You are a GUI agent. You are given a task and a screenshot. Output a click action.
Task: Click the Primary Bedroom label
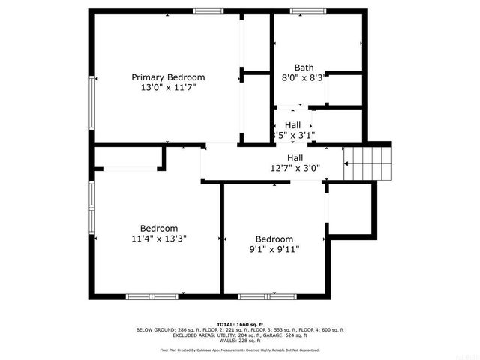(168, 77)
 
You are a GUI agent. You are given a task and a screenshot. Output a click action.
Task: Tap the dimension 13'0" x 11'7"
(168, 88)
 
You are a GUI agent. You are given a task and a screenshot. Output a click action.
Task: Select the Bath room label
(304, 67)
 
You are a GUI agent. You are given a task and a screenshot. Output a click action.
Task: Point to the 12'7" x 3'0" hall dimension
(295, 168)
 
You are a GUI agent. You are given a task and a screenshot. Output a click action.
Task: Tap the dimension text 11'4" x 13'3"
(158, 238)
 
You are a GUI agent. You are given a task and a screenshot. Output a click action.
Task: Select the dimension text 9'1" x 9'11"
(274, 249)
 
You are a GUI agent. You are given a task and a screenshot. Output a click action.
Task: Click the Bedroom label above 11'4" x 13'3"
(158, 228)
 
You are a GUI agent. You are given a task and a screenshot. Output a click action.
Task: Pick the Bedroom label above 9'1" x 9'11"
(274, 238)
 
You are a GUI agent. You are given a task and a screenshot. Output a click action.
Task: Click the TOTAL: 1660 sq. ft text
(240, 323)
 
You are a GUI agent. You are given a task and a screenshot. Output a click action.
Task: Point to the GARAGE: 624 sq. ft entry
(295, 335)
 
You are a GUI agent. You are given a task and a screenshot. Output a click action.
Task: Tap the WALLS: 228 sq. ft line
(240, 340)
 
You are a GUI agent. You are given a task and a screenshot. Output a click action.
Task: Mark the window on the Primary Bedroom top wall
(206, 10)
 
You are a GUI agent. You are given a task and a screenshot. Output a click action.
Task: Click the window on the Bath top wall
(304, 10)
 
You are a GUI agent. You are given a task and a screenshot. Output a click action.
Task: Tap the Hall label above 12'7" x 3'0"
(295, 157)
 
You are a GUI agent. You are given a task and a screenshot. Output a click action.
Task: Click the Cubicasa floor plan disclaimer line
(240, 349)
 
